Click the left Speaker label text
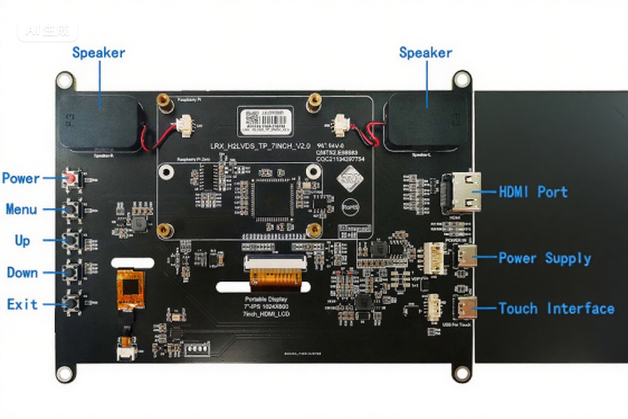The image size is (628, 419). (x=99, y=53)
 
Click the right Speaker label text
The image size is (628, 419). (x=425, y=53)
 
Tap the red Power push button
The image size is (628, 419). (x=72, y=178)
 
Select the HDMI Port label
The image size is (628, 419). (x=533, y=192)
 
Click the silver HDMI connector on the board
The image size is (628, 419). (x=461, y=192)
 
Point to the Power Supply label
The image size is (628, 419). (x=544, y=258)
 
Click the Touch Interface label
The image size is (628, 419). (x=556, y=308)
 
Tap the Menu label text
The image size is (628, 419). (x=22, y=209)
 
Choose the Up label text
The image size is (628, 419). (x=22, y=241)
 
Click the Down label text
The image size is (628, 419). (x=22, y=272)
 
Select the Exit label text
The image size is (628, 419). (x=22, y=304)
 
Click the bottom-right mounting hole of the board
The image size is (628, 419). (x=461, y=374)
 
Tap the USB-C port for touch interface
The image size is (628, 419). (x=466, y=308)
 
